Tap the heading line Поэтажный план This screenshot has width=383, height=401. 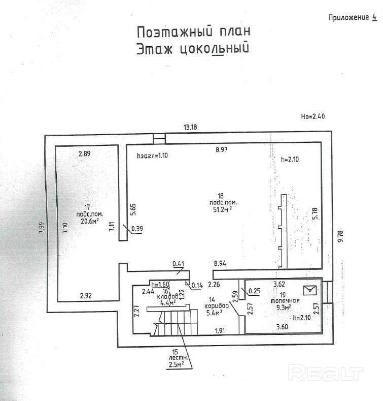[x=193, y=32]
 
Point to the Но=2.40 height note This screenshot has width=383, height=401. [x=312, y=116]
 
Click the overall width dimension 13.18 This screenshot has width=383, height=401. [x=190, y=127]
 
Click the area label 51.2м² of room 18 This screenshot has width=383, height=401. [x=224, y=208]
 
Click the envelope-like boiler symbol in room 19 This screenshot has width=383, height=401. [x=309, y=290]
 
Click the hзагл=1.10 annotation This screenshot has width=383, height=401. [x=152, y=156]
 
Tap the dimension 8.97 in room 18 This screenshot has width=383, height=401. [x=222, y=149]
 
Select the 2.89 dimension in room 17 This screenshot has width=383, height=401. [x=84, y=153]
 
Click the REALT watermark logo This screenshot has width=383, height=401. [x=326, y=374]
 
